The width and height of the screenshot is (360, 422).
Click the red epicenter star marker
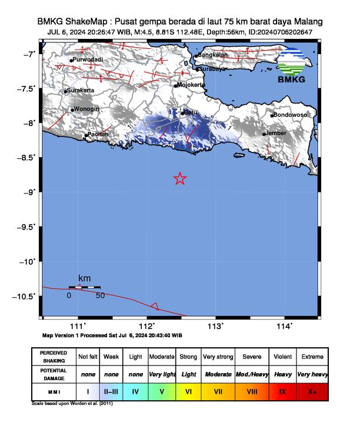pos(180,178)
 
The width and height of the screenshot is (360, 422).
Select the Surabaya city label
pos(213,69)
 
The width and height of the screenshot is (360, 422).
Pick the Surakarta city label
pos(81,91)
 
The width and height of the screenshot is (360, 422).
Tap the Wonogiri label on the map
pos(85,109)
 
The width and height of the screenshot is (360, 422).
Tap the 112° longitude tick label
pos(146,325)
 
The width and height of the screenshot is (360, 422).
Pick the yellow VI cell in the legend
pos(188,390)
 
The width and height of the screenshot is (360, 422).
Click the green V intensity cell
pos(162,390)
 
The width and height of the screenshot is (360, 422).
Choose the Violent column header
pos(282,357)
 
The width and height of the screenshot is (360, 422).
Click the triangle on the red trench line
pos(154,305)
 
